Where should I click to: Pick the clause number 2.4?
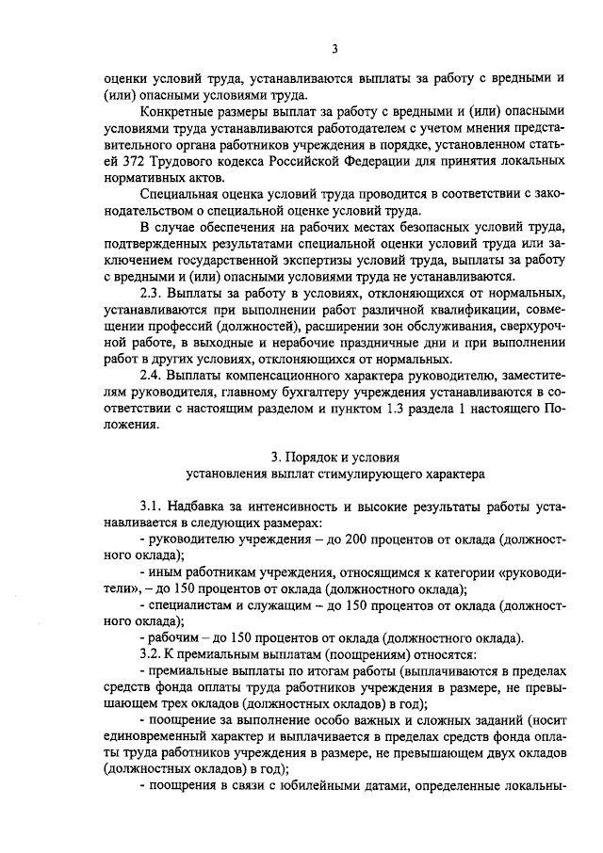[152, 375]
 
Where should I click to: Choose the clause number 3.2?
[152, 653]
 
